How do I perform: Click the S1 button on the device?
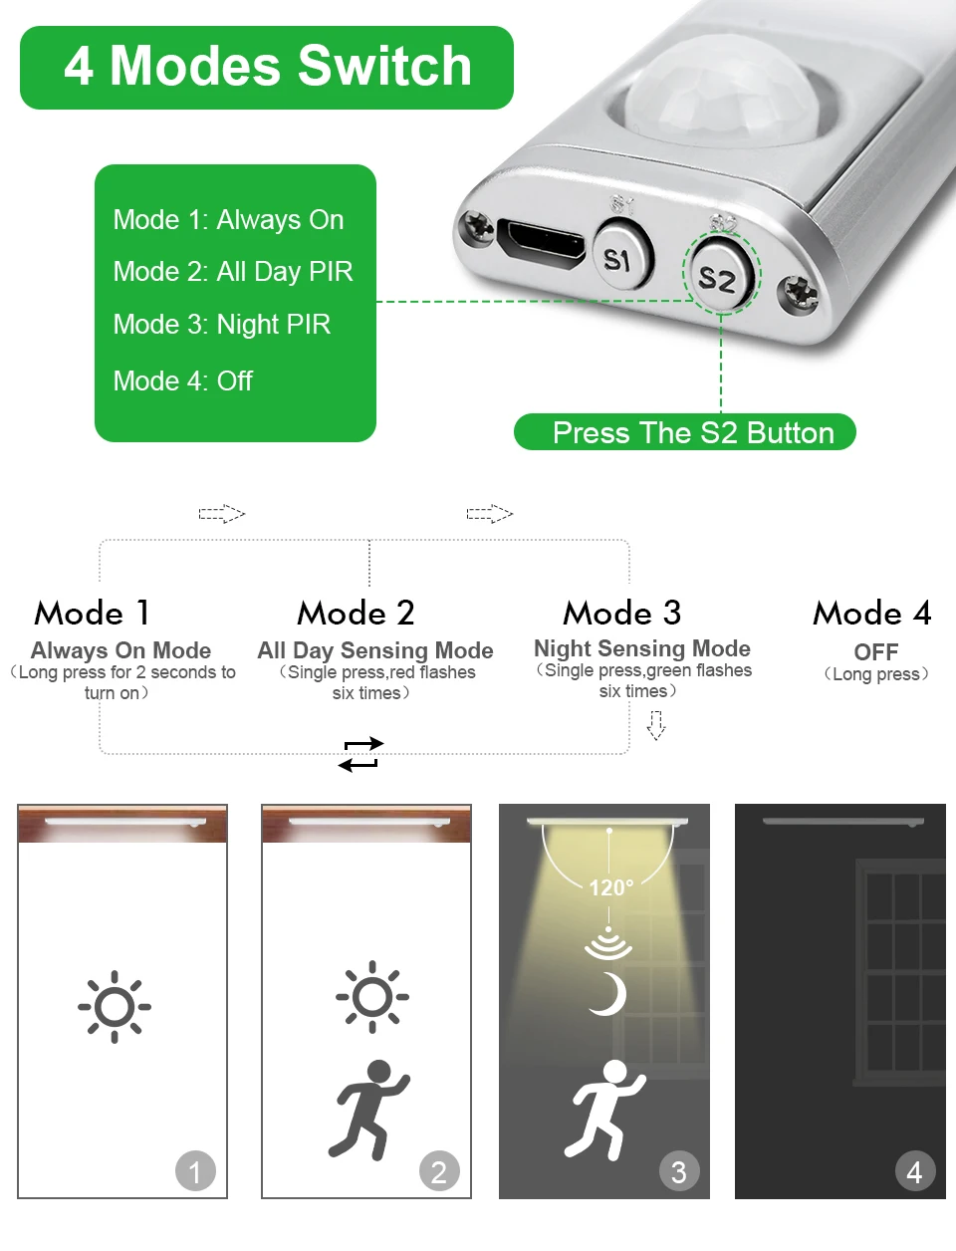(x=619, y=258)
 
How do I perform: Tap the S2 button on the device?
(x=717, y=278)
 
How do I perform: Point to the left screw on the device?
(x=476, y=227)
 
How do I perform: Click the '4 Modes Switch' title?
(x=267, y=67)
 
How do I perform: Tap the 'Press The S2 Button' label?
(x=692, y=433)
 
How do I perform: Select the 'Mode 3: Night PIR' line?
(x=221, y=325)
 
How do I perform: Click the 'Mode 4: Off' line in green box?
(x=182, y=381)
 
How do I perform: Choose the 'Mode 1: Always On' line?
(x=228, y=220)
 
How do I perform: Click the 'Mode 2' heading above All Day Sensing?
(x=356, y=613)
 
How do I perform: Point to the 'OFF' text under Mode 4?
(x=875, y=652)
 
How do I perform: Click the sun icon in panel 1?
(x=115, y=1006)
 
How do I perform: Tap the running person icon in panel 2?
(x=368, y=1109)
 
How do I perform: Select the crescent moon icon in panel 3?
(x=608, y=994)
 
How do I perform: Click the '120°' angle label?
(x=610, y=887)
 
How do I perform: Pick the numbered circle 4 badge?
(x=914, y=1171)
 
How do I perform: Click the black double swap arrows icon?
(x=359, y=754)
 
